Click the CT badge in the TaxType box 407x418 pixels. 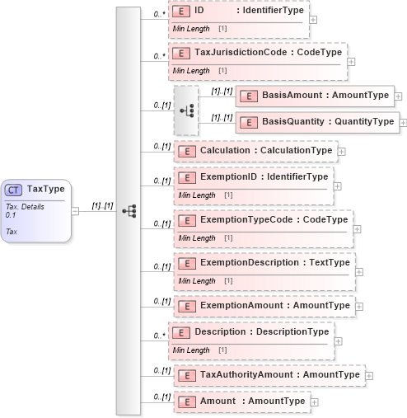(x=14, y=189)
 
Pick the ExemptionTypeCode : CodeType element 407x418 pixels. (x=262, y=220)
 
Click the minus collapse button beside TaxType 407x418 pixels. (x=76, y=210)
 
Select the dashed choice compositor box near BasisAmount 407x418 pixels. (x=187, y=109)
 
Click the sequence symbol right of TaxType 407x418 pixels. (x=129, y=210)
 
